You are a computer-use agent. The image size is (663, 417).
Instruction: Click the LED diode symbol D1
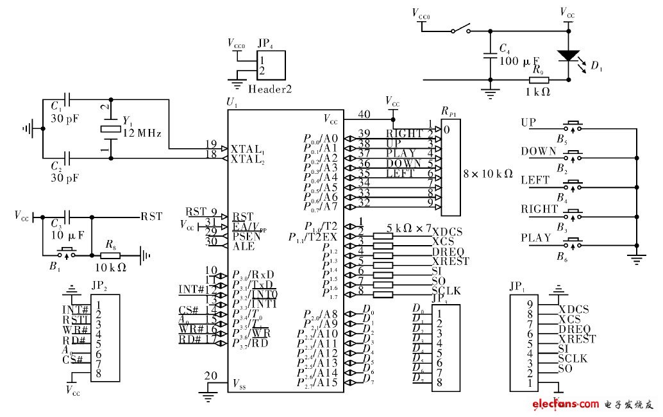tap(567, 56)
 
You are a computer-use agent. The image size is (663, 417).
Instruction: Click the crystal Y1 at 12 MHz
tap(111, 129)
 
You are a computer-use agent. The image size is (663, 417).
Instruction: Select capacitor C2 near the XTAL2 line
tap(67, 157)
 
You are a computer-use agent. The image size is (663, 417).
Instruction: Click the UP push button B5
tap(572, 126)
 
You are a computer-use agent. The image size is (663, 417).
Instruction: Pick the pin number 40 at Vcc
tap(364, 114)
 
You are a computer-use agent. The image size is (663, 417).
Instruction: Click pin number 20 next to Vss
tap(211, 376)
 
